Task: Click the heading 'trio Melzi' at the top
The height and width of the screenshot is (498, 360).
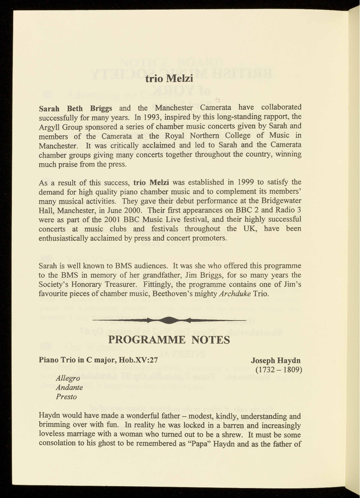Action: tap(169, 79)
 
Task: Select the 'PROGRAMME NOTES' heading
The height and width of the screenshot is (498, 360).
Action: tap(169, 340)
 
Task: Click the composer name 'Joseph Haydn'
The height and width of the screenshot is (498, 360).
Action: tap(276, 360)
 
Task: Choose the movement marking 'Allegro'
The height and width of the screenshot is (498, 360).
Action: tap(68, 378)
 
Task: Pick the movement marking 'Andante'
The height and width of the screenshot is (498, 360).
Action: tap(69, 387)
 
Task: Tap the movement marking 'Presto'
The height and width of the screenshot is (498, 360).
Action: tap(66, 397)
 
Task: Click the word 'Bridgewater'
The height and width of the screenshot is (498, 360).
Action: tap(279, 201)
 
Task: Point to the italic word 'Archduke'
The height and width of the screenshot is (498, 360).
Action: tap(235, 294)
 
